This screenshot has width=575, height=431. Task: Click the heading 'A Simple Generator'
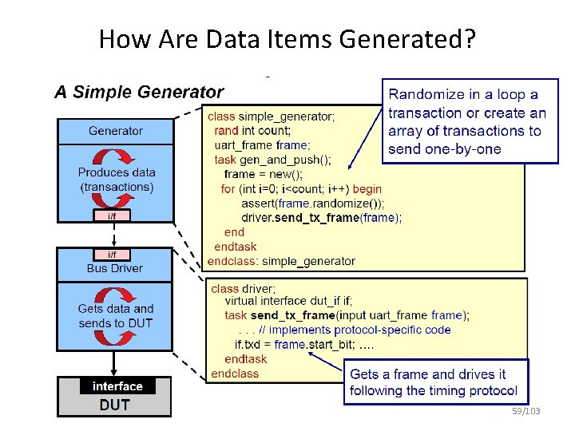coord(138,92)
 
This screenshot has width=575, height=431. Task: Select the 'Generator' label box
coord(116,130)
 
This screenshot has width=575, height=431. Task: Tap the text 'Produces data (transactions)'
coord(116,180)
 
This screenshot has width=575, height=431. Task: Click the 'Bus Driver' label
coord(115,268)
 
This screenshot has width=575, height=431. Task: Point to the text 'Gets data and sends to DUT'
coord(116,315)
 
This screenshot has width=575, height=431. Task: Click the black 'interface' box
coord(117,386)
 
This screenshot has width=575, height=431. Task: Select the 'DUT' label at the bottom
coord(114,405)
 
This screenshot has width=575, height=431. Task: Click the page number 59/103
coord(526,411)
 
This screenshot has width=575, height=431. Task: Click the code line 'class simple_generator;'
coord(272,117)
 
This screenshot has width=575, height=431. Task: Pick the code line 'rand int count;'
coord(252,131)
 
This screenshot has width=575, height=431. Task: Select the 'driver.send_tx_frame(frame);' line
coord(321,217)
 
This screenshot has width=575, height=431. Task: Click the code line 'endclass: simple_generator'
coord(281,261)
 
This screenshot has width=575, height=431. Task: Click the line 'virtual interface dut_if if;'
coord(288,302)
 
